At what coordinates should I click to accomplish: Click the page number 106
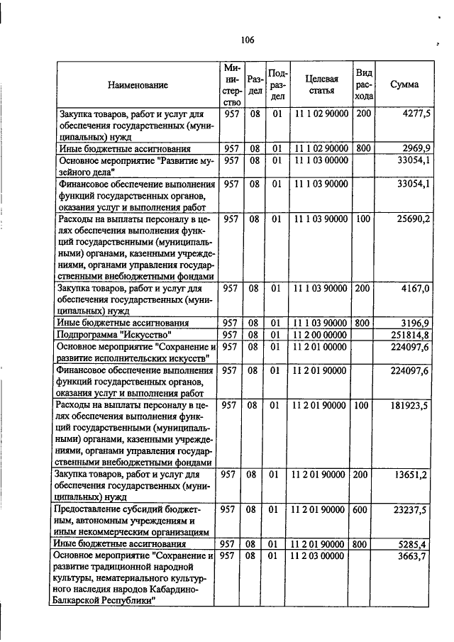pyautogui.click(x=247, y=40)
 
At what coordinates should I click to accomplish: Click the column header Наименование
pyautogui.click(x=138, y=85)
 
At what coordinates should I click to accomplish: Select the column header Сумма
pyautogui.click(x=404, y=84)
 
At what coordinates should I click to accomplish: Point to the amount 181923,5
pyautogui.click(x=409, y=405)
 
